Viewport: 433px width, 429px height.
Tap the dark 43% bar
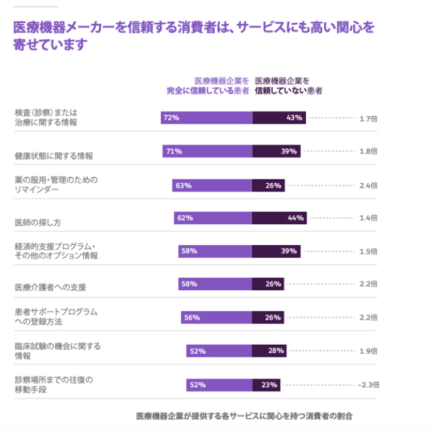pos(279,118)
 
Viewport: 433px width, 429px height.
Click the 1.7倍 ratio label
pos(369,118)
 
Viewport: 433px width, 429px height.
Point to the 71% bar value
pos(174,151)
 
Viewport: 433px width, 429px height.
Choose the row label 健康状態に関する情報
pos(54,156)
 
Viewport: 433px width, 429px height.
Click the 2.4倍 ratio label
pos(369,185)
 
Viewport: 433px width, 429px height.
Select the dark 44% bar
pos(279,218)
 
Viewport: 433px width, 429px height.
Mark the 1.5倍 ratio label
pos(369,251)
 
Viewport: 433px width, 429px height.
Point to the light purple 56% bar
pos(216,317)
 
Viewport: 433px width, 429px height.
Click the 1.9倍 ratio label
pos(369,351)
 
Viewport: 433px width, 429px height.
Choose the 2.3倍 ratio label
pos(369,385)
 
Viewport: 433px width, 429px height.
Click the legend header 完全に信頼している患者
pos(208,91)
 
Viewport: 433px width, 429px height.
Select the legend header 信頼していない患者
pos(288,91)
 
